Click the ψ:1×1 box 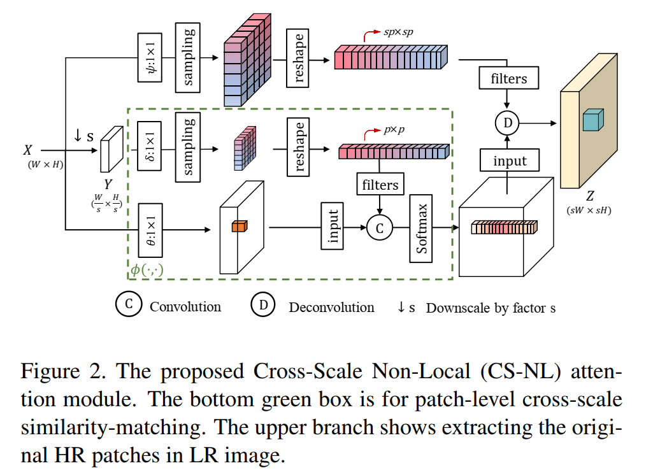[x=150, y=58]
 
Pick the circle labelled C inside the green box [x=380, y=227]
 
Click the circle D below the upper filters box [x=507, y=122]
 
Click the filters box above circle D [x=508, y=79]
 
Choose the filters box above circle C [x=380, y=185]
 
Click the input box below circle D [x=510, y=161]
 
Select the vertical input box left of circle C [x=333, y=225]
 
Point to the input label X [x=27, y=150]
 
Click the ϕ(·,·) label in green [x=147, y=270]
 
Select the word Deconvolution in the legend [x=331, y=308]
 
